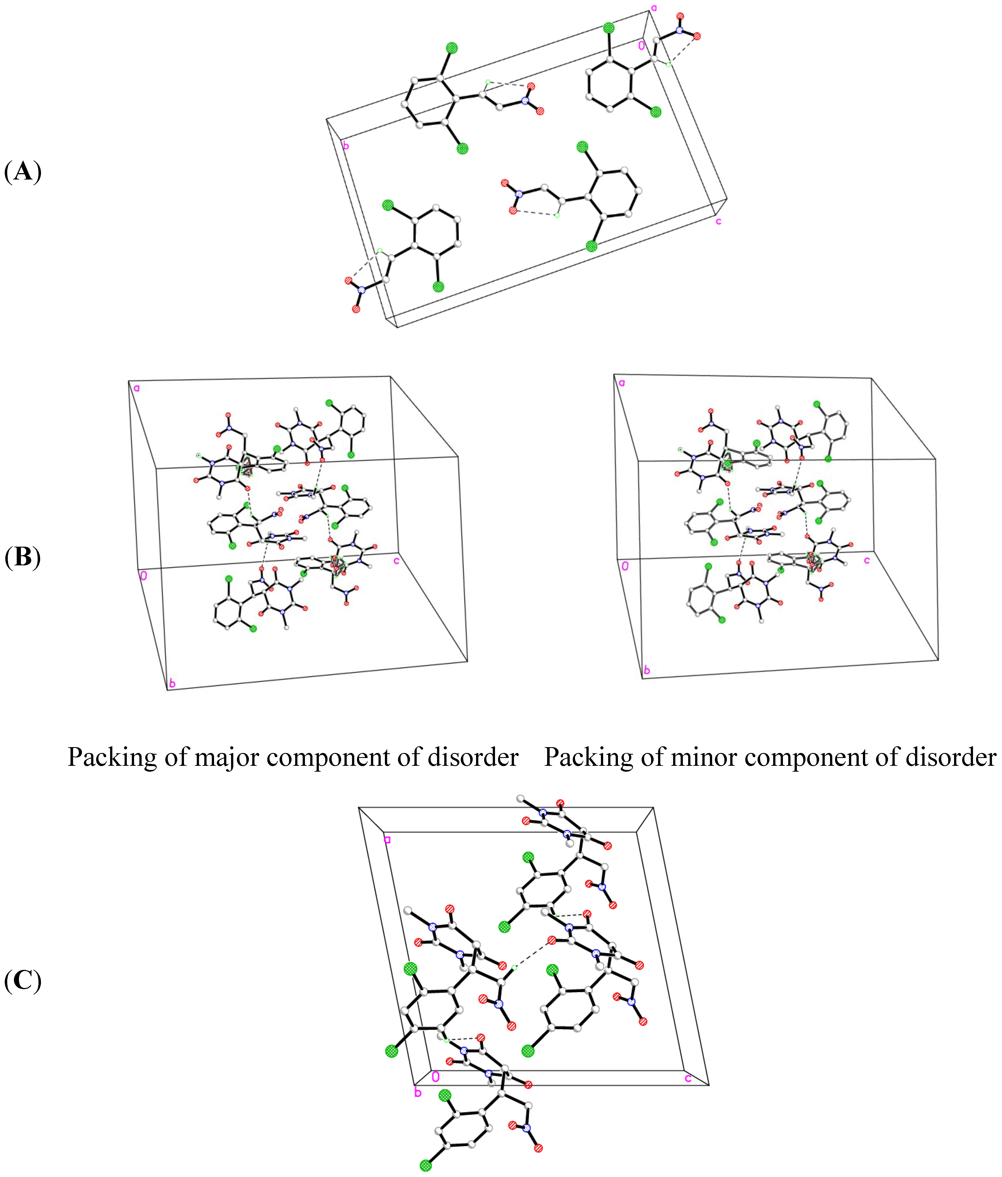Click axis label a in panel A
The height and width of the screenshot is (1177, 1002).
(x=654, y=8)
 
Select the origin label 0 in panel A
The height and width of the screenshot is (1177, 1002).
(x=641, y=45)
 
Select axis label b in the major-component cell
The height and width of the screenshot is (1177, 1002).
(x=172, y=683)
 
